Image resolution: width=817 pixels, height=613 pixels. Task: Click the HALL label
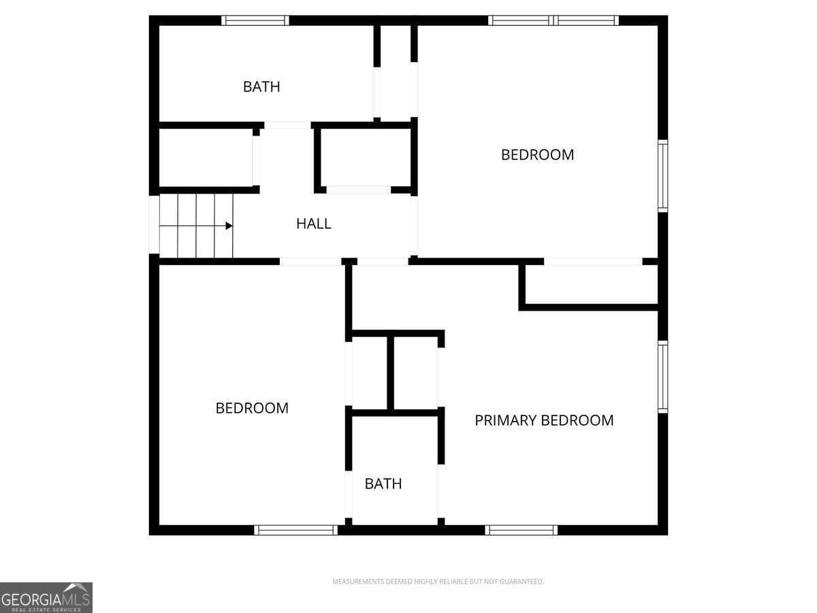pyautogui.click(x=314, y=223)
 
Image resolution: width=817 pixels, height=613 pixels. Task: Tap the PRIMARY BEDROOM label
pyautogui.click(x=544, y=420)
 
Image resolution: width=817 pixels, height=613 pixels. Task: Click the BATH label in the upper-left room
pyautogui.click(x=261, y=87)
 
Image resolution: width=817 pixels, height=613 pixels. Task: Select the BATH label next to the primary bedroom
pyautogui.click(x=383, y=484)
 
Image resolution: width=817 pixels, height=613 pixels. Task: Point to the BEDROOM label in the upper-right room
pyautogui.click(x=537, y=155)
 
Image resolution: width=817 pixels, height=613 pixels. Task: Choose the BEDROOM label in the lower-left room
pyautogui.click(x=252, y=408)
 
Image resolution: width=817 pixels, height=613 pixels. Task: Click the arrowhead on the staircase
pyautogui.click(x=229, y=225)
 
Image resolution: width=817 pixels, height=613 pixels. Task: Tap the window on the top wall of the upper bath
pyautogui.click(x=255, y=20)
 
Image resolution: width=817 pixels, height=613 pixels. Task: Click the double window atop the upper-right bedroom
pyautogui.click(x=554, y=20)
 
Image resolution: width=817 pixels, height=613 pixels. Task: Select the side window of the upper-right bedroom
pyautogui.click(x=663, y=176)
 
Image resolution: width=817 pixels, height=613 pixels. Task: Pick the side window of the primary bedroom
pyautogui.click(x=663, y=377)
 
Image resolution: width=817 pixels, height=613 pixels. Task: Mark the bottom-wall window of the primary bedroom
pyautogui.click(x=521, y=530)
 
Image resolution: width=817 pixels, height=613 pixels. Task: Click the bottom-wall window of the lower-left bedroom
pyautogui.click(x=296, y=530)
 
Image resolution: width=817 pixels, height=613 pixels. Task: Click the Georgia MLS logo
pyautogui.click(x=46, y=597)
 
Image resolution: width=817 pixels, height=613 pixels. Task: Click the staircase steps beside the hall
pyautogui.click(x=196, y=225)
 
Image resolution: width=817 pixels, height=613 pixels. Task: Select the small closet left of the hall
pyautogui.click(x=206, y=158)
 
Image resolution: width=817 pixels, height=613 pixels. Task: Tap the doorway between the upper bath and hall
pyautogui.click(x=288, y=125)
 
